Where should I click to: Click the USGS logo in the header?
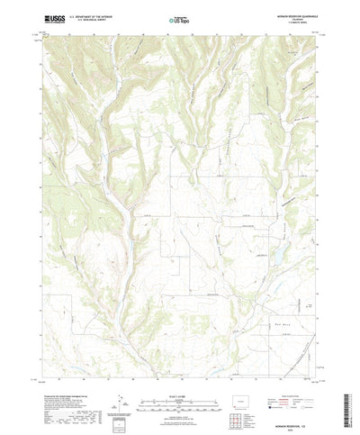tap(52, 18)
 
